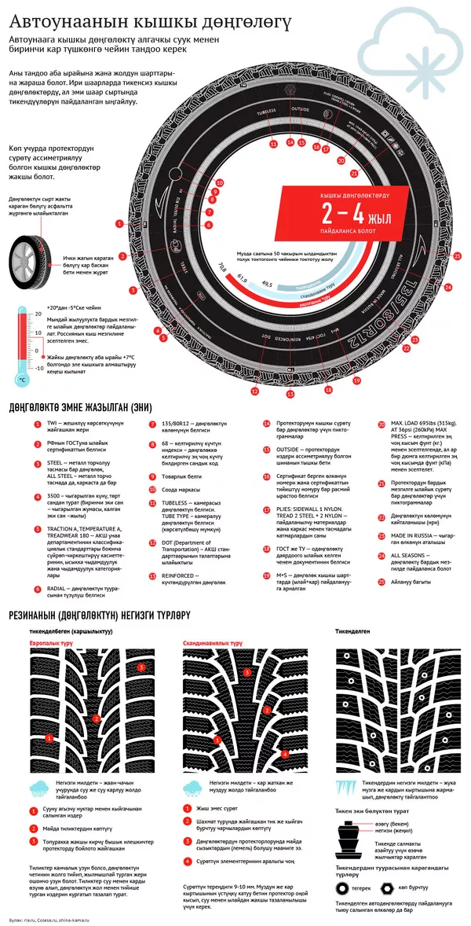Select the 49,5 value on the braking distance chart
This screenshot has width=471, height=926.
click(268, 284)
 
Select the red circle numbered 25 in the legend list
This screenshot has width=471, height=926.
click(382, 582)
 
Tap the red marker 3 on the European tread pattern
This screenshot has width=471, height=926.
click(141, 667)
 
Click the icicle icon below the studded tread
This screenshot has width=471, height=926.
click(345, 787)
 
